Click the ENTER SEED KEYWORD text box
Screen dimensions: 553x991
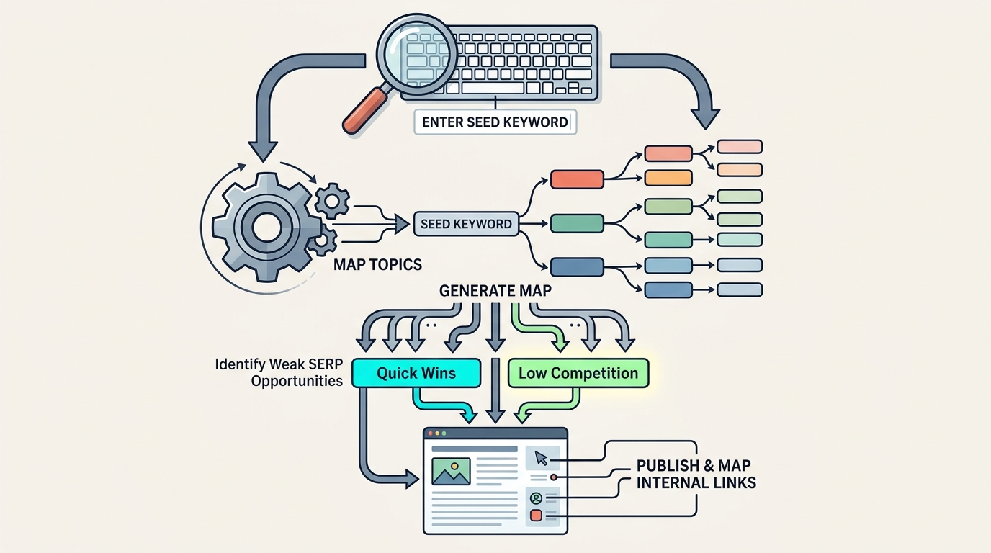[495, 122]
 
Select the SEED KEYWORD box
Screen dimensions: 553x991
[466, 224]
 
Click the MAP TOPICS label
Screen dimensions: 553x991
[377, 264]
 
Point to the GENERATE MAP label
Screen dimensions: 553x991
[496, 292]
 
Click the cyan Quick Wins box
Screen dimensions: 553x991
[416, 373]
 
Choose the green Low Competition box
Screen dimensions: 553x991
[578, 373]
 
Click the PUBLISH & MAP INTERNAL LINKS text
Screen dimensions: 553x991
[696, 474]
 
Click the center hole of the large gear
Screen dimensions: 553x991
[266, 228]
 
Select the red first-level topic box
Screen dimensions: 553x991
[576, 179]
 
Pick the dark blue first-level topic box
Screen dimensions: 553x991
[576, 267]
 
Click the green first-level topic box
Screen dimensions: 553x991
[576, 223]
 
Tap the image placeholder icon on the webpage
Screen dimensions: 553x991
[451, 471]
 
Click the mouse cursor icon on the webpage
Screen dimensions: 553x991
[542, 459]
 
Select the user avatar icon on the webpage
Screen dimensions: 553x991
[535, 498]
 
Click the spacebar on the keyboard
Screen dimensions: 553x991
[493, 88]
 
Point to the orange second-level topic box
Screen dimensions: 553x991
[668, 178]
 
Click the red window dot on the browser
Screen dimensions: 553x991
[431, 433]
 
